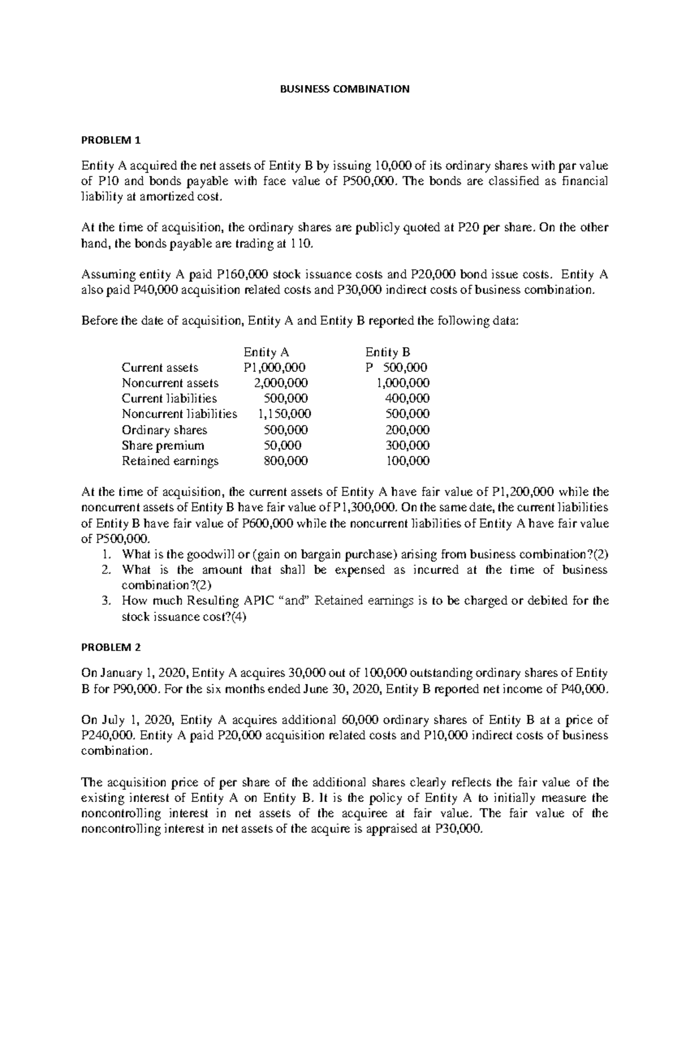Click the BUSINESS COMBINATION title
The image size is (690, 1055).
coord(344,89)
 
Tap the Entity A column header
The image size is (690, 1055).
coord(266,352)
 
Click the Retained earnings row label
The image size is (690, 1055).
coord(170,461)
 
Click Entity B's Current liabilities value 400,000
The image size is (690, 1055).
coord(407,398)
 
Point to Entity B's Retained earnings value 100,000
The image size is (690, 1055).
coord(407,461)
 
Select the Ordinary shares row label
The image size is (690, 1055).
coord(164,429)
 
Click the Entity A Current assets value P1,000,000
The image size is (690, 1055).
coord(274,367)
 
